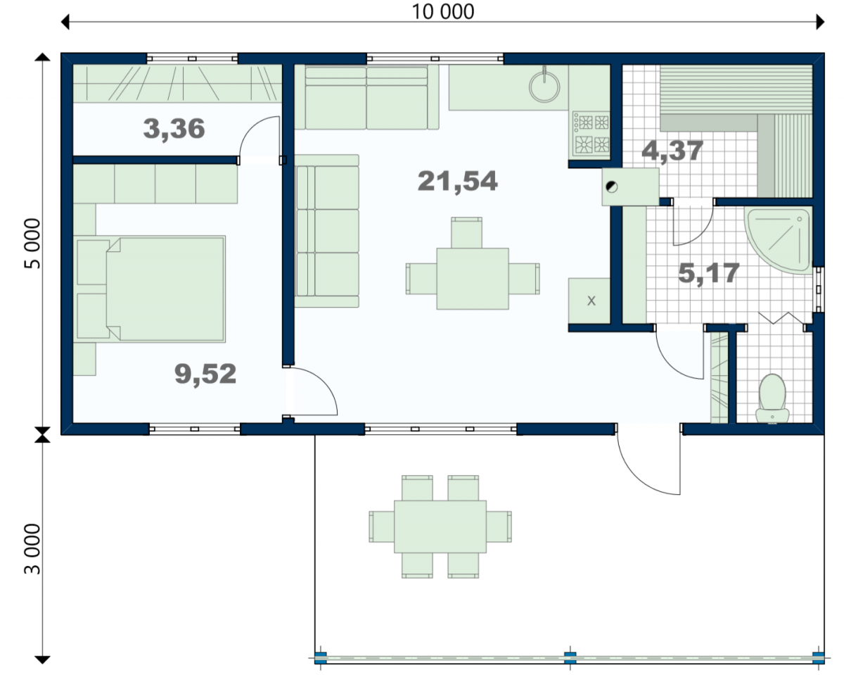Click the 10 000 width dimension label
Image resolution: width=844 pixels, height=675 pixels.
443,12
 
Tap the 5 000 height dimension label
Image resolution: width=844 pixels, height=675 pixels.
33,244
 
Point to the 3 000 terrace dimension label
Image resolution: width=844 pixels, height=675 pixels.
33,549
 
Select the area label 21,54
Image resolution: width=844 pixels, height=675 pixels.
457,182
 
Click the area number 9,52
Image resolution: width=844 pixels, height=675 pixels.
205,374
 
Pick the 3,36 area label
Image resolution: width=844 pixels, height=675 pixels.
174,129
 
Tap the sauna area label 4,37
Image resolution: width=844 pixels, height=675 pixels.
672,151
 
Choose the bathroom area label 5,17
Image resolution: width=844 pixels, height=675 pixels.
709,274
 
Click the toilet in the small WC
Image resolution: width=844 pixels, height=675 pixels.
772,398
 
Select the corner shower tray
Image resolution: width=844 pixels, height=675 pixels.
779,240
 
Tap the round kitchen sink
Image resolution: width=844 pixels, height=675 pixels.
544,87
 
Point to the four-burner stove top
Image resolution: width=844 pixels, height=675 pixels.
590,134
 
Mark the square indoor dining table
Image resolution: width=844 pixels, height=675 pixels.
473,279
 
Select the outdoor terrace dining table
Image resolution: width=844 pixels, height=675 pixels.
440,526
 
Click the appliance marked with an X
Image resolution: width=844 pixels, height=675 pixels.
589,301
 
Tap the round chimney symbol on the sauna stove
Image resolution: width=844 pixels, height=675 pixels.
611,187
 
